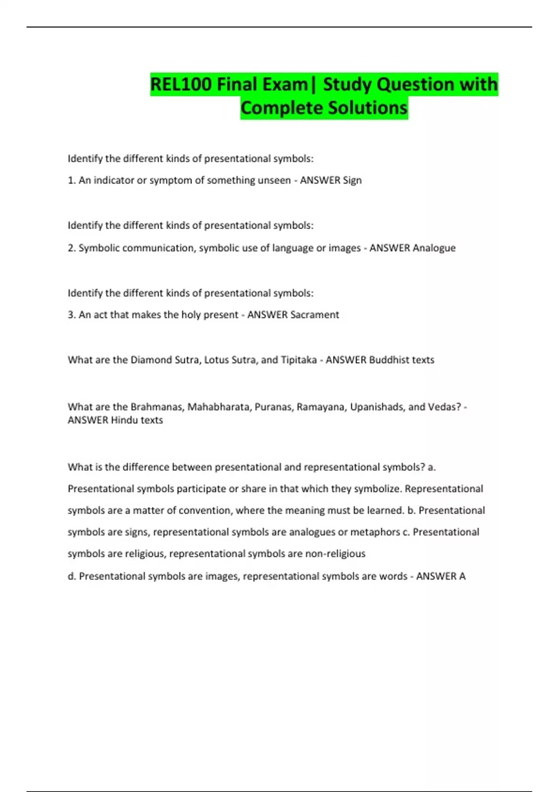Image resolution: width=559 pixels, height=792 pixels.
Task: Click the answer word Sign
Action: pos(352,180)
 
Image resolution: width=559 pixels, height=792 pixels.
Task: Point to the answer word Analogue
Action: pos(434,248)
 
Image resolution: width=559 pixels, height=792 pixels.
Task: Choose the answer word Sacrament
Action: pos(314,315)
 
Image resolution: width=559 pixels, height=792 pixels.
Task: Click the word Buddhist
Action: pos(386,360)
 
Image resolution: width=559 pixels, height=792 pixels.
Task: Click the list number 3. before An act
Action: pos(72,315)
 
